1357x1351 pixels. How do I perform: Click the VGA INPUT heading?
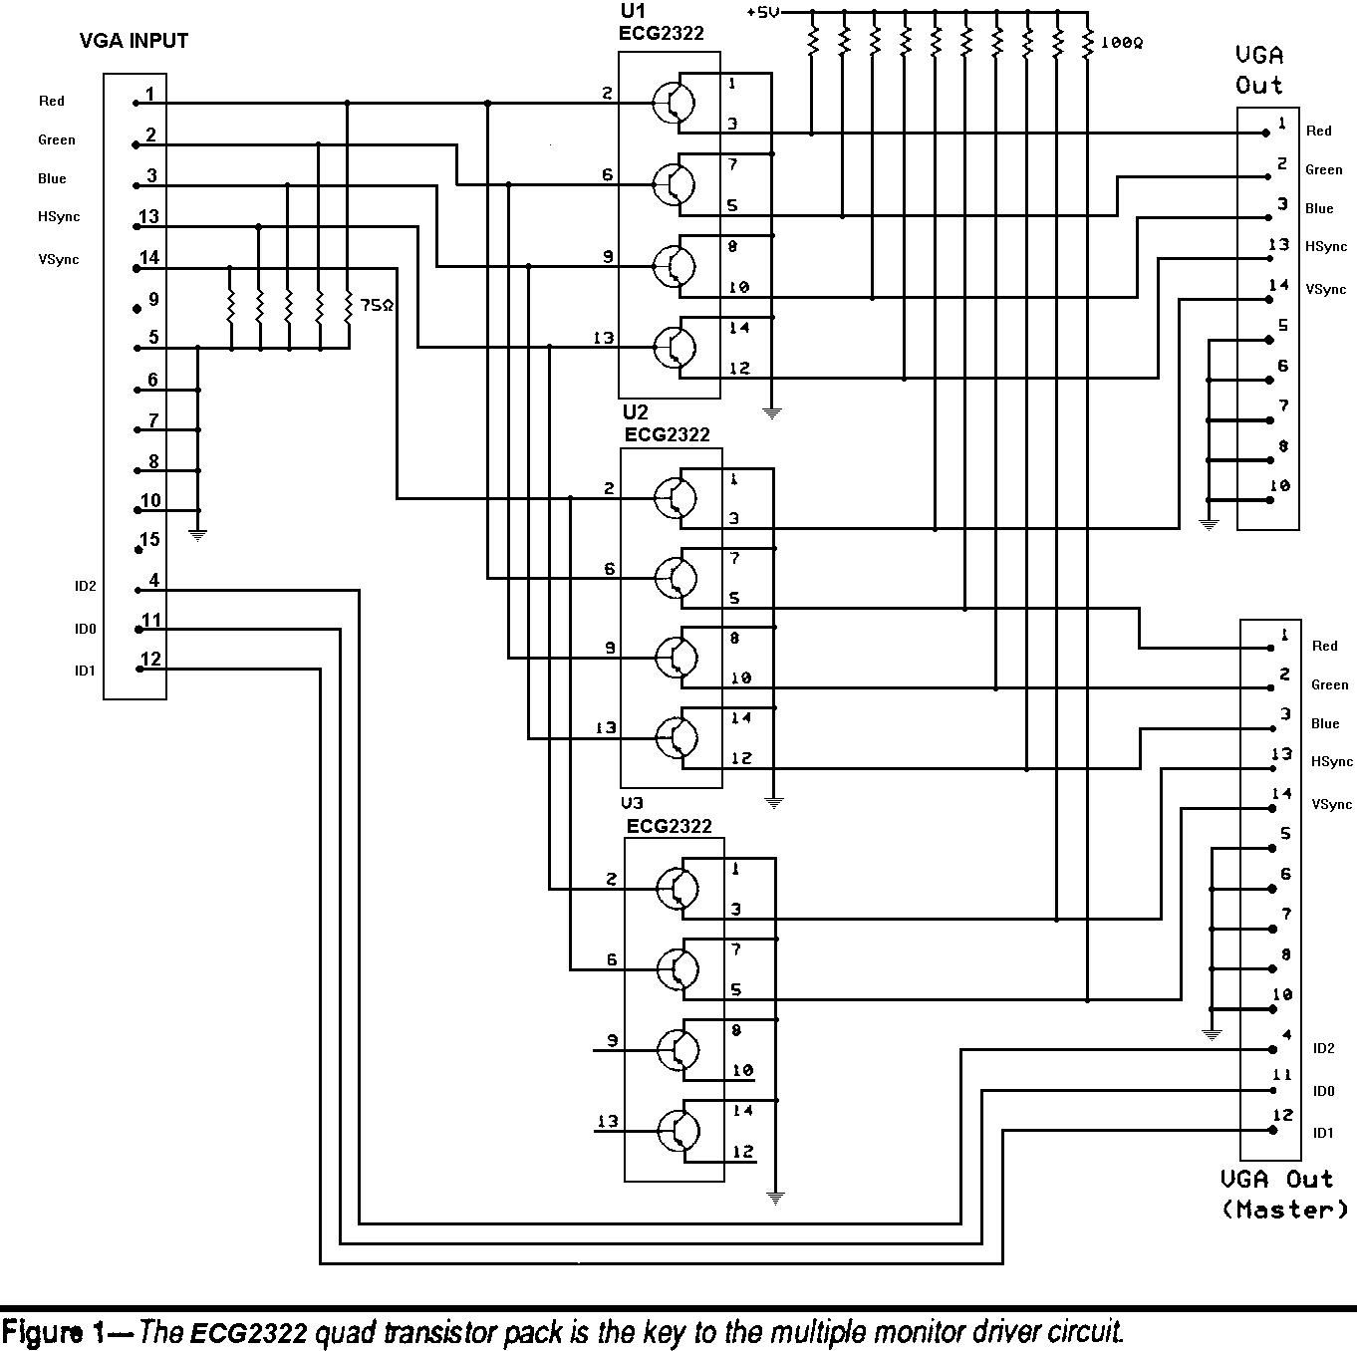pos(134,41)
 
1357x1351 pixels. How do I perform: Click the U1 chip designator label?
pos(633,12)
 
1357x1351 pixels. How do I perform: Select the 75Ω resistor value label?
pos(377,306)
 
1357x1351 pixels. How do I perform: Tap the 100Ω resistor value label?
pos(1122,44)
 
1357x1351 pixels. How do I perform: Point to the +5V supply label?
pos(762,12)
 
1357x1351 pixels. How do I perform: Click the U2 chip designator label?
pos(635,412)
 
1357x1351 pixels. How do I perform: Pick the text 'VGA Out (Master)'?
pos(1285,1194)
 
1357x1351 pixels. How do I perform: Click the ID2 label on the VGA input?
pos(85,586)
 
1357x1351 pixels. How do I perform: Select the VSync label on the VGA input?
pos(59,260)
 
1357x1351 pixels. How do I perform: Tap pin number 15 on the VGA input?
pos(149,540)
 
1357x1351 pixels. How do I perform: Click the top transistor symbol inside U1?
pos(675,102)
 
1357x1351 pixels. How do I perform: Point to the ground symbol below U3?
pos(775,1198)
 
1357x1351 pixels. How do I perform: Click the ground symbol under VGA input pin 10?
pos(198,535)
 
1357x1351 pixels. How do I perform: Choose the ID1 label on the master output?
pos(1322,1133)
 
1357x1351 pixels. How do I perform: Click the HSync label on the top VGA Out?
pos(1326,246)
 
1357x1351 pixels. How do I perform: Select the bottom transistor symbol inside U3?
pos(678,1131)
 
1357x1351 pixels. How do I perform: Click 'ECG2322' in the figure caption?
pos(249,1332)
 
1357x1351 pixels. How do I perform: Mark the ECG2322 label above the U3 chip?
pos(669,826)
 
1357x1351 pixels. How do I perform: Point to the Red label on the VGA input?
pos(52,101)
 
